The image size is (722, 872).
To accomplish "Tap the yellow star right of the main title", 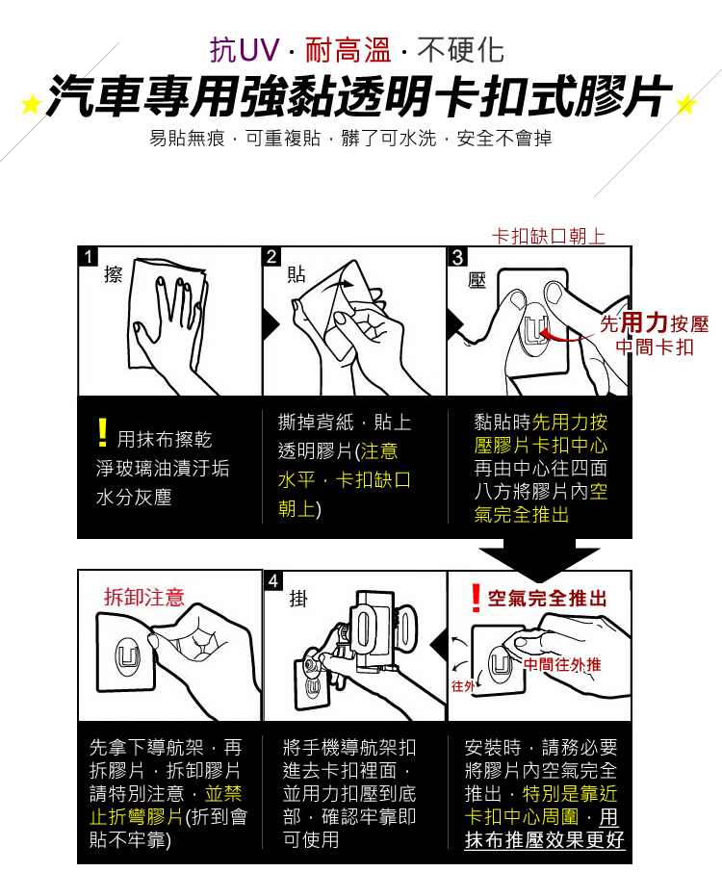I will pyautogui.click(x=686, y=104).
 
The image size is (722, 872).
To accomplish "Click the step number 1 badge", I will pyautogui.click(x=88, y=257).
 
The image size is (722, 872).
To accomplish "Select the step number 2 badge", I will pyautogui.click(x=271, y=257).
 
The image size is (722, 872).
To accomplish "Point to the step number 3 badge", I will pyautogui.click(x=456, y=257).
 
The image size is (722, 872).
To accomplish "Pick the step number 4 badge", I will pyautogui.click(x=273, y=581).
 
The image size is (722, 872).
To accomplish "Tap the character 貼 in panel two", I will pyautogui.click(x=297, y=275).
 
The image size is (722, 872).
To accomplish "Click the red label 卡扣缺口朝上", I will pyautogui.click(x=549, y=236).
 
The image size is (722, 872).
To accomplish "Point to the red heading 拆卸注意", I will pyautogui.click(x=144, y=598).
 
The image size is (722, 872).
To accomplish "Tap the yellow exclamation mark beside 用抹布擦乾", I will pyautogui.click(x=102, y=434).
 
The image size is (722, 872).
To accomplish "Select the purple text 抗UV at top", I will pyautogui.click(x=245, y=48).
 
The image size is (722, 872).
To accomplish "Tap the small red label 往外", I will pyautogui.click(x=463, y=685).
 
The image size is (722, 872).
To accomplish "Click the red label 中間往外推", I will pyautogui.click(x=562, y=664).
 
